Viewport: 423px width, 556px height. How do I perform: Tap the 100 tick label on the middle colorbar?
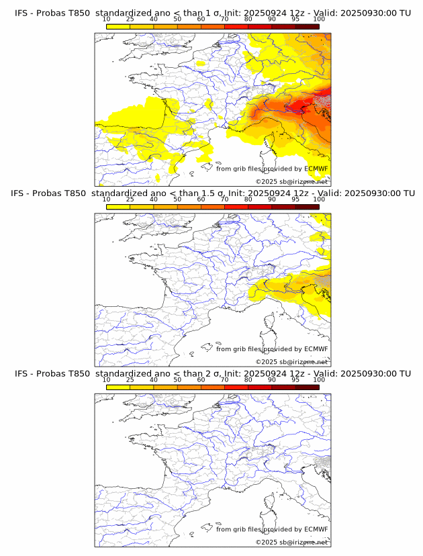point(319,199)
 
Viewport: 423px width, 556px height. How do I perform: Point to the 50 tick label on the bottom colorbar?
point(177,379)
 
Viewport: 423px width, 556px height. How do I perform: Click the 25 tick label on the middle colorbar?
point(130,199)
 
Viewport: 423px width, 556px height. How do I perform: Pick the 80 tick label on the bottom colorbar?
point(248,379)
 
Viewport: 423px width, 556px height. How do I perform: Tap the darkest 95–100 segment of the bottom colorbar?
point(307,387)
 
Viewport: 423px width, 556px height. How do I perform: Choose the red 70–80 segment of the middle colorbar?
point(236,206)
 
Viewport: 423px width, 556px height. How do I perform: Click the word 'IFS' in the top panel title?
point(21,13)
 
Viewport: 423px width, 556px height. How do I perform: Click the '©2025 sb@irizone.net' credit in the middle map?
point(291,362)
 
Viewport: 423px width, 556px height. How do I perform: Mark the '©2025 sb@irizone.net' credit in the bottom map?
point(291,543)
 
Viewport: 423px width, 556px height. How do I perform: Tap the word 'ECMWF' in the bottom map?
point(316,529)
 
